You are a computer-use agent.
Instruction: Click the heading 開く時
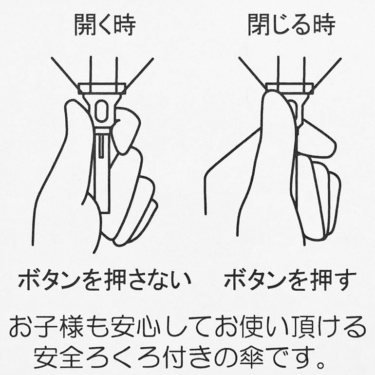(105, 25)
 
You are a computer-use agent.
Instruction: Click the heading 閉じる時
(291, 25)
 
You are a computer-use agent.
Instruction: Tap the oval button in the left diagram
(101, 111)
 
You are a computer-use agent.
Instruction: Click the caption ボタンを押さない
(105, 280)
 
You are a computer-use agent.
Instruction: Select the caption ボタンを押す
(290, 280)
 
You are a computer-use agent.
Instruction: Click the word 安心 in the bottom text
(136, 326)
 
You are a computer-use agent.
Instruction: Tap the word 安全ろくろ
(97, 357)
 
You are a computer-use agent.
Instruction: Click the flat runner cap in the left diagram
(102, 88)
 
